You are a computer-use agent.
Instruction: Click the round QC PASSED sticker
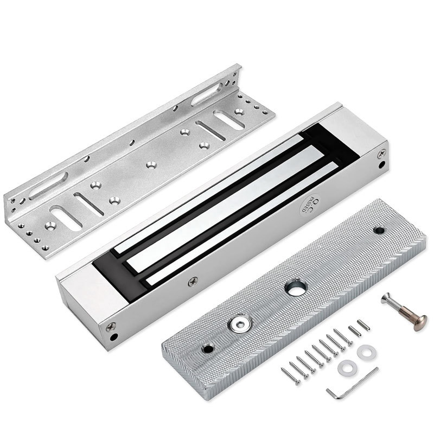click(309, 205)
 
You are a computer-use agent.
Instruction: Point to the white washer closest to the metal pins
click(366, 352)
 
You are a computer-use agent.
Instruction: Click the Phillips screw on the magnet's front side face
click(193, 282)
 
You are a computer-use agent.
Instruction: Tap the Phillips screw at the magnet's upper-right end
click(382, 154)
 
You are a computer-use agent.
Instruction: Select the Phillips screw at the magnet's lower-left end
click(111, 327)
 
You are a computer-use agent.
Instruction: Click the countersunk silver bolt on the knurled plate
click(239, 324)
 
